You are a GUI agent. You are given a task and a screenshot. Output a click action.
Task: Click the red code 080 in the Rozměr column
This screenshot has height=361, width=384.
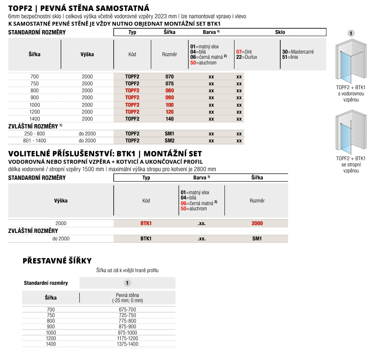170,91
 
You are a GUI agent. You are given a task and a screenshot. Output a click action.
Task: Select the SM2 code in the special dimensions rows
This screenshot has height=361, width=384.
170,141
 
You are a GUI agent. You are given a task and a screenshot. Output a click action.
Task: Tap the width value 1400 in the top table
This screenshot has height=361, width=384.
34,118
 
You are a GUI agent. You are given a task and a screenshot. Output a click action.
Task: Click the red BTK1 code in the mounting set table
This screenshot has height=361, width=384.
146,223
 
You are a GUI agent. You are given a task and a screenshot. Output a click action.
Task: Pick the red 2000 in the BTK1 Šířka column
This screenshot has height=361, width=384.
257,223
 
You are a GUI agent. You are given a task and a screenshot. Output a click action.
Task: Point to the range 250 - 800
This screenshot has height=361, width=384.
34,134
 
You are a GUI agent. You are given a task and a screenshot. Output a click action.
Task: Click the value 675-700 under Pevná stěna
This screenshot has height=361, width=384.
127,309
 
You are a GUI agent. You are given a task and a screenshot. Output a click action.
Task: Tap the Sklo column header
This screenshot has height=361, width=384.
280,32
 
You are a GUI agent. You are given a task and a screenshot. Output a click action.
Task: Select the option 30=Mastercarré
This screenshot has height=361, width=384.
298,51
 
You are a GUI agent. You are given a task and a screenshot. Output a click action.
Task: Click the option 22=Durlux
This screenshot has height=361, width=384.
246,57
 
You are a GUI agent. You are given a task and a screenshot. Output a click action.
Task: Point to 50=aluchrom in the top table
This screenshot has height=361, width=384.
204,63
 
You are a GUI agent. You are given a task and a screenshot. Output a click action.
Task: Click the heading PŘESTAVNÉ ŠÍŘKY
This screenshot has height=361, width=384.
57,261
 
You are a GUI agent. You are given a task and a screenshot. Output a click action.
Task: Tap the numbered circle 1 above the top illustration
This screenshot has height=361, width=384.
351,33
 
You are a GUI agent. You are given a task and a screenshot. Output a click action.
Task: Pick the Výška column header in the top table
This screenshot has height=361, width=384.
87,54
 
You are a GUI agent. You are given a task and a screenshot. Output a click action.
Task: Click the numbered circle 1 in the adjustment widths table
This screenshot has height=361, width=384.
127,283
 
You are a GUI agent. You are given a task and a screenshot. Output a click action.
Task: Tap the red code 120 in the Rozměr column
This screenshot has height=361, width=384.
170,112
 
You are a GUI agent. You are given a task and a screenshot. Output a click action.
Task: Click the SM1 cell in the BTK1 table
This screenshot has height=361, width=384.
257,239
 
